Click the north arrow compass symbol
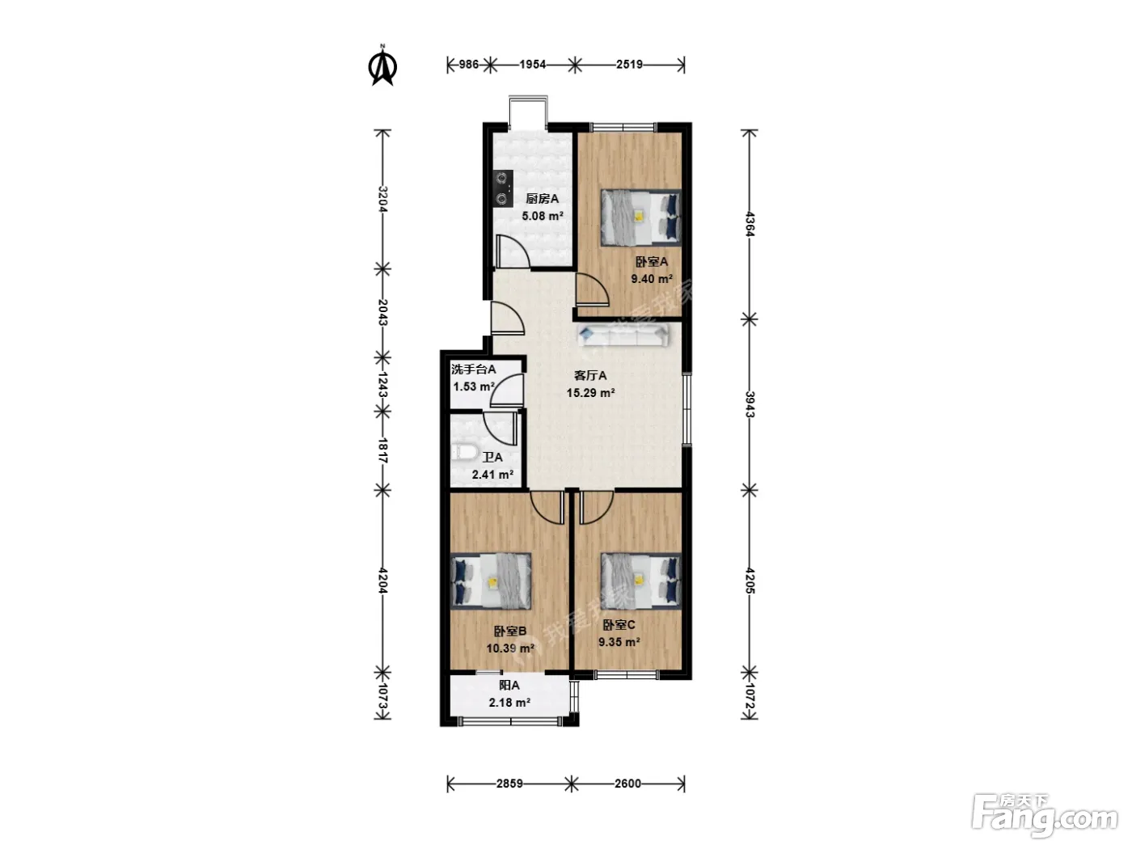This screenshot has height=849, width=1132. point(382,65)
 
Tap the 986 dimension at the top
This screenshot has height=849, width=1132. point(469,65)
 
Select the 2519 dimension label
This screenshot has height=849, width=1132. point(629,65)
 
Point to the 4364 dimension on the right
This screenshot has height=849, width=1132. point(750,224)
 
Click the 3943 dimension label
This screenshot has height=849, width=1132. point(750,404)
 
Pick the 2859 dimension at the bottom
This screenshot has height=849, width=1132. point(509,784)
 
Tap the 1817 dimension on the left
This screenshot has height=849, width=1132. point(382,450)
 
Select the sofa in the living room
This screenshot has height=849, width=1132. point(623,335)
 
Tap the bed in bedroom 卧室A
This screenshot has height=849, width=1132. point(640,218)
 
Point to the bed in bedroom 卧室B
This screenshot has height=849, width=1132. point(491,581)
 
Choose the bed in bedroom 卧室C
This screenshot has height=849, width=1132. point(640,581)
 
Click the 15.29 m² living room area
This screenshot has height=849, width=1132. point(590,393)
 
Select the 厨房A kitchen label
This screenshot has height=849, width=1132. point(542,199)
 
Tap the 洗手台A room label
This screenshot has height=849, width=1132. point(474,369)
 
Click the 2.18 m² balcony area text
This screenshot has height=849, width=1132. point(509,702)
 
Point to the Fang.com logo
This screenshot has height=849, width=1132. point(1045,817)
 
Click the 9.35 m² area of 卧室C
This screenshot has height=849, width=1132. point(619,642)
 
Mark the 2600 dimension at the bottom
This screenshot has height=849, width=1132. point(627,784)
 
